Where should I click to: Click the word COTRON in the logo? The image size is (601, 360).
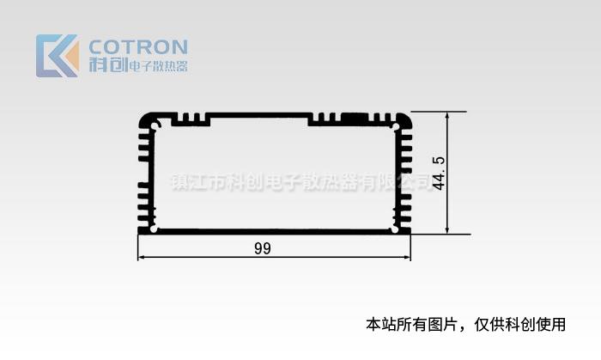pyautogui.click(x=138, y=47)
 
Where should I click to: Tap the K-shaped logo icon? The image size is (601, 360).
pyautogui.click(x=58, y=56)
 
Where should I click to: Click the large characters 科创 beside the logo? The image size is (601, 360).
pyautogui.click(x=108, y=64)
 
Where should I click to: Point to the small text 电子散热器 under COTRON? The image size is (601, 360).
pyautogui.click(x=159, y=66)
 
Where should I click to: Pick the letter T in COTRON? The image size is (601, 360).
pyautogui.click(x=123, y=47)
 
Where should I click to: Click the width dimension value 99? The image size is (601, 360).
pyautogui.click(x=263, y=248)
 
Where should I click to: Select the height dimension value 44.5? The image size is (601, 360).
pyautogui.click(x=439, y=173)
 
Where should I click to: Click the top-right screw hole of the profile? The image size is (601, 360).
pyautogui.click(x=395, y=126)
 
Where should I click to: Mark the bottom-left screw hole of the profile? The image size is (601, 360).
pyautogui.click(x=155, y=229)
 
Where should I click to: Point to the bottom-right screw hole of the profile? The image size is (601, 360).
pyautogui.click(x=395, y=229)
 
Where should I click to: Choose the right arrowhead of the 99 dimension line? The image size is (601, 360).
pyautogui.click(x=407, y=257)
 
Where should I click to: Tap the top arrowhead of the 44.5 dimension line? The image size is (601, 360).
pyautogui.click(x=447, y=116)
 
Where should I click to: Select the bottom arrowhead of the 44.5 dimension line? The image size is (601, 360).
pyautogui.click(x=447, y=229)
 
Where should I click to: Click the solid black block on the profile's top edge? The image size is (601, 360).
pyautogui.click(x=355, y=116)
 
